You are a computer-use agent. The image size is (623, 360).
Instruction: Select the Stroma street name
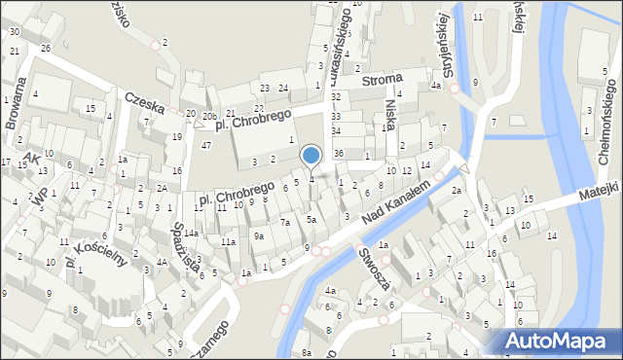[x=383, y=83]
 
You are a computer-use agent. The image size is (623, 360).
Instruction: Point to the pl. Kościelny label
[x=97, y=251]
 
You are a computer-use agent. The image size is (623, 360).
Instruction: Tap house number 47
[x=206, y=145]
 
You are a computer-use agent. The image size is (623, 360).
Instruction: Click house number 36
[x=339, y=154]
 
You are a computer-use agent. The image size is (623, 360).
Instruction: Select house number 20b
[x=210, y=116]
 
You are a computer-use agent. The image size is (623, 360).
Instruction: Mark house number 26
[x=46, y=48]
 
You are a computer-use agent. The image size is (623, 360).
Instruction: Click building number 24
[x=282, y=89]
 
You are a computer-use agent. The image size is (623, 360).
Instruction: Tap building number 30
[x=14, y=32]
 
